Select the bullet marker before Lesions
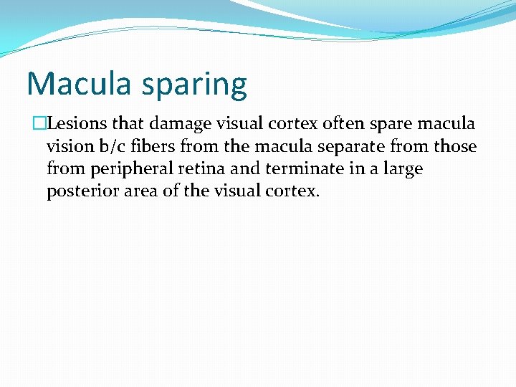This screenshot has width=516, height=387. [39, 124]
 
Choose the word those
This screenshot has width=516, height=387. [457, 146]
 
